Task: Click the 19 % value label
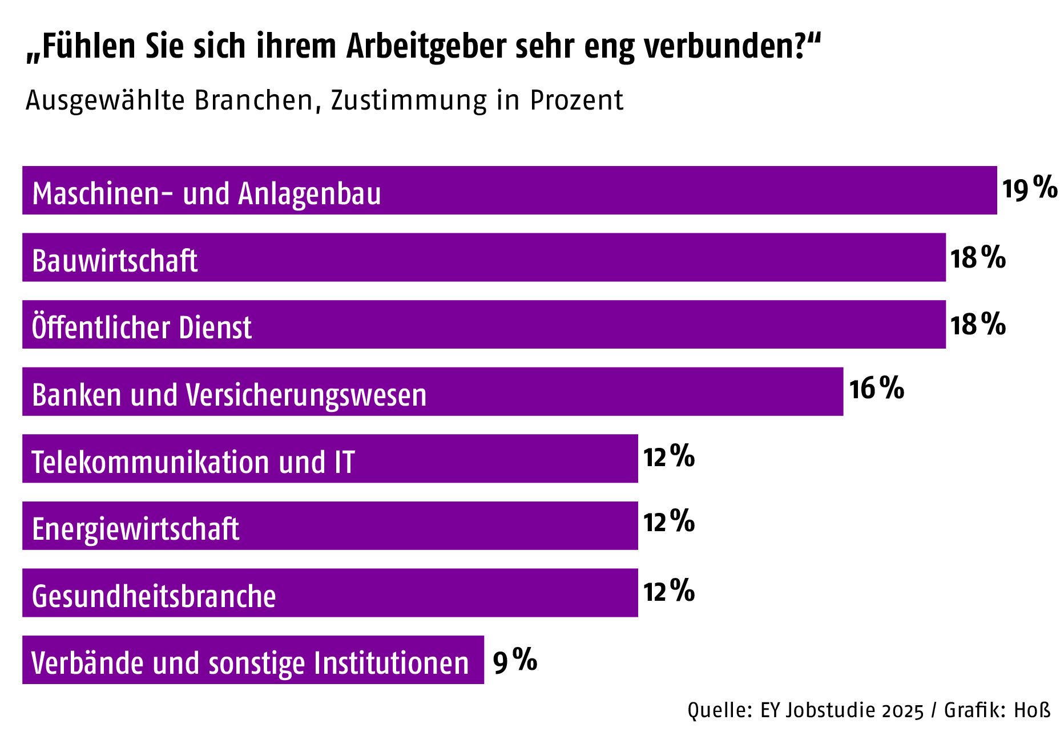coord(1030,188)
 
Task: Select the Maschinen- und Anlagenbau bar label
coord(207,193)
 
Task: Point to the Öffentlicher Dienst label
coord(142,327)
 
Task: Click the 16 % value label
coord(876,389)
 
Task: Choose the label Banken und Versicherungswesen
coord(229,395)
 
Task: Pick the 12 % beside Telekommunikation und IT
coord(668,456)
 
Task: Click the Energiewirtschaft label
coord(135,529)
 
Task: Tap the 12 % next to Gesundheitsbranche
coord(668,591)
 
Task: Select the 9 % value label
coord(515,661)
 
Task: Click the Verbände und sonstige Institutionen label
coord(250,663)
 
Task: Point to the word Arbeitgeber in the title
coord(426,47)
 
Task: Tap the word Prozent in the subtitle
coord(577,100)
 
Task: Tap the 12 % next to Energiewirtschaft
coord(668,521)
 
